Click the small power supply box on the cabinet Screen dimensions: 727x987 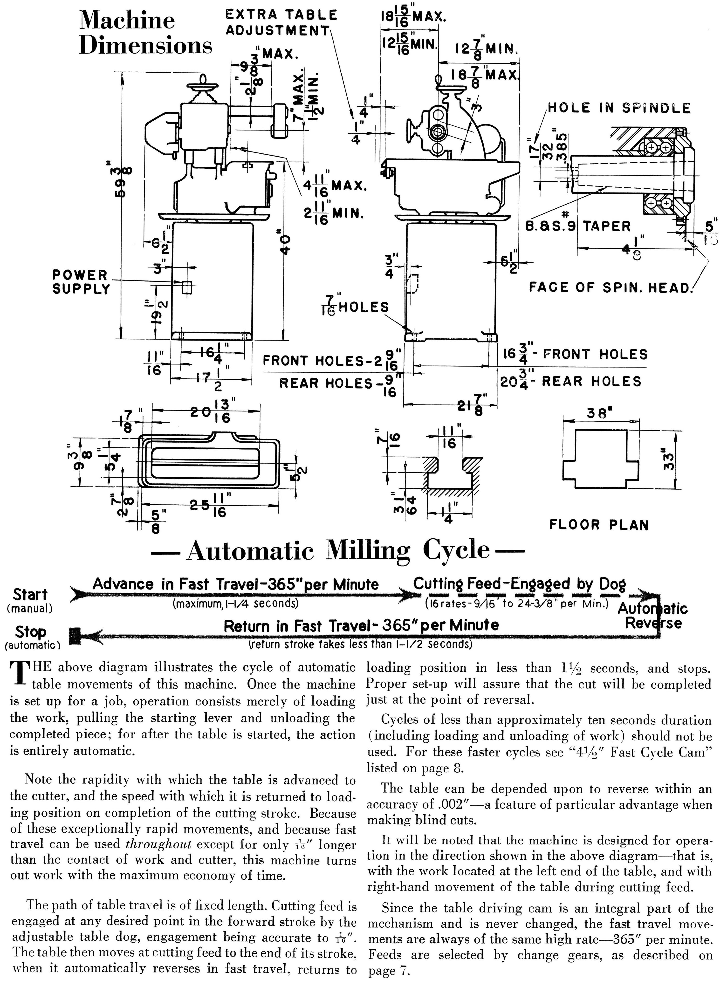pyautogui.click(x=187, y=287)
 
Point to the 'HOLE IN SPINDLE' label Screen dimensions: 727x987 pyautogui.click(x=618, y=108)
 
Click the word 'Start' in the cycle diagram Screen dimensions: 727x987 pyautogui.click(x=30, y=595)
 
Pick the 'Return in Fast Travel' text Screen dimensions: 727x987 pyautogui.click(x=361, y=625)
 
